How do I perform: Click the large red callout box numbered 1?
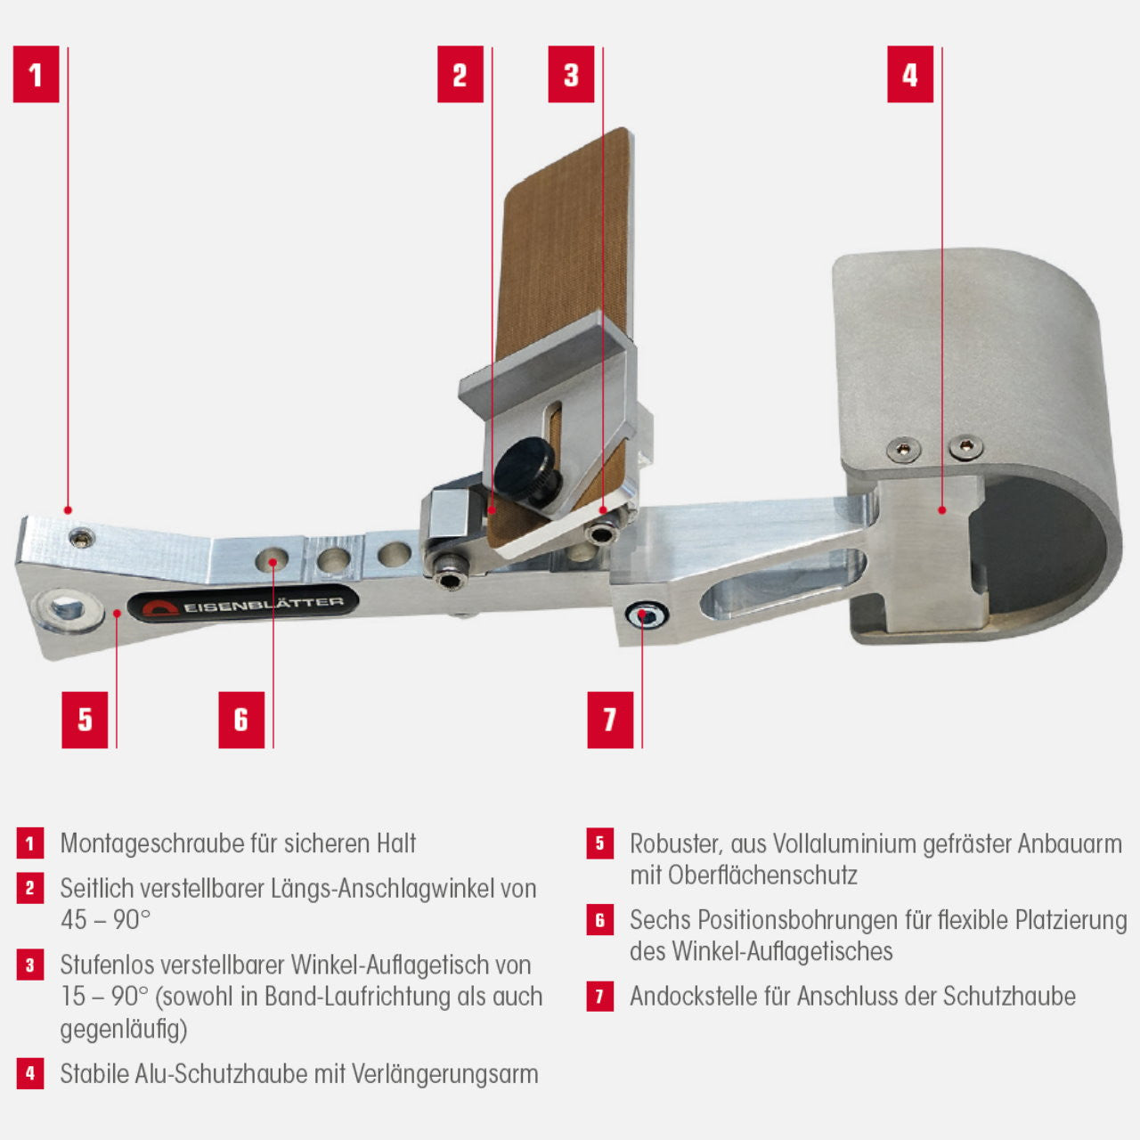36,75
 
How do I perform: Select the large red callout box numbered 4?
909,75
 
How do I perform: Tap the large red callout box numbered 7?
610,720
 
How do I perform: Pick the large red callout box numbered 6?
241,720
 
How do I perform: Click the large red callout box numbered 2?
460,75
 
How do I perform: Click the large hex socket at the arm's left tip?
64,609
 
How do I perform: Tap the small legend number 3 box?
30,965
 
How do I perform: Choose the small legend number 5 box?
600,843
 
